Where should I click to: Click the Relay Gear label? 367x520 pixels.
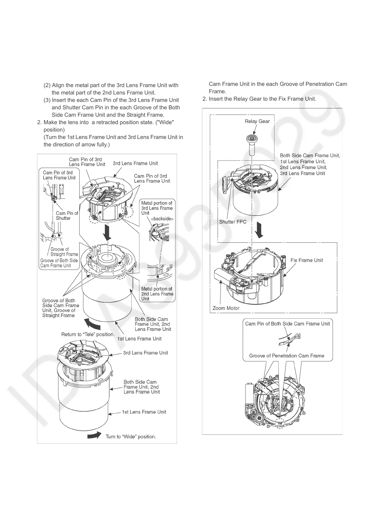[x=257, y=121]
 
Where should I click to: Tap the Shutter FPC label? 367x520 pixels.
[x=233, y=222]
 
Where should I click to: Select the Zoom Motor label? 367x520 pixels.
[x=226, y=308]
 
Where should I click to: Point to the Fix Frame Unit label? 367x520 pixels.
[x=307, y=260]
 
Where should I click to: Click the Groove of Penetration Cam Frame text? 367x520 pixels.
[x=287, y=356]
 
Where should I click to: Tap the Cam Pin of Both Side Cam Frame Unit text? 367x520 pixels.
[x=287, y=324]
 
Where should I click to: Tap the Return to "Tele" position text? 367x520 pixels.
[x=88, y=334]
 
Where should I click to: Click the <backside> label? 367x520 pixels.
[x=162, y=219]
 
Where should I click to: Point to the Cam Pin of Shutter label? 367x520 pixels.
[x=67, y=216]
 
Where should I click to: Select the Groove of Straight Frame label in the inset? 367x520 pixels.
[x=64, y=252]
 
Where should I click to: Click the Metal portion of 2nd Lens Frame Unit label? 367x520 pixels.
[x=157, y=294]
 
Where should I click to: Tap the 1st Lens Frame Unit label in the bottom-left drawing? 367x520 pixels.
[x=144, y=412]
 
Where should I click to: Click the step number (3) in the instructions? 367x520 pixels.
[x=47, y=100]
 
